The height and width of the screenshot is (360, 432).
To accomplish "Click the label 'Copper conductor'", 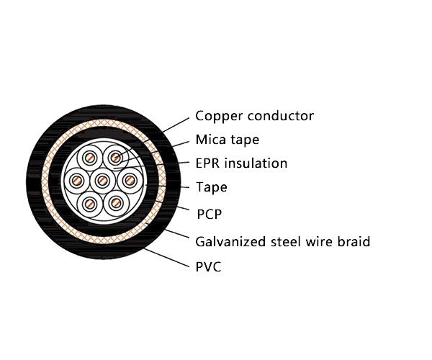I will [255, 116].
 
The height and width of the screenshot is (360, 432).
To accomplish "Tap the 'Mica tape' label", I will [227, 140].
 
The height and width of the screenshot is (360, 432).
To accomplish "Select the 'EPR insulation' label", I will [241, 163].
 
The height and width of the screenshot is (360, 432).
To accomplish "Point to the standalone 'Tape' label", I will [212, 188].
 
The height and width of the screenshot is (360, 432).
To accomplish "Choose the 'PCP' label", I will [210, 214].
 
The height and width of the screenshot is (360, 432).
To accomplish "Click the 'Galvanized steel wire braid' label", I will [282, 241].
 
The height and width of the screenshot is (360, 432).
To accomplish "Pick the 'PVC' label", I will [208, 267].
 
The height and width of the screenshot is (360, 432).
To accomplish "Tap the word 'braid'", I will [353, 241].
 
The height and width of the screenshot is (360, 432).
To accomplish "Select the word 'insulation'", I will [256, 163].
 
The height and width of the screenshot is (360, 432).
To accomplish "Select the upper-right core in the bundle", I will [114, 157].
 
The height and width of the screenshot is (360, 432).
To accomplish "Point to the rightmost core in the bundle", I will [127, 179].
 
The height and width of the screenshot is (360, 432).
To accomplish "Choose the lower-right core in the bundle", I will [114, 203].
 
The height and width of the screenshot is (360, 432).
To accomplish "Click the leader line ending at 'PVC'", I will [169, 257].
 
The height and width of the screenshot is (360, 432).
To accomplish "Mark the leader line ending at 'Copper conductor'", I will [176, 123].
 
